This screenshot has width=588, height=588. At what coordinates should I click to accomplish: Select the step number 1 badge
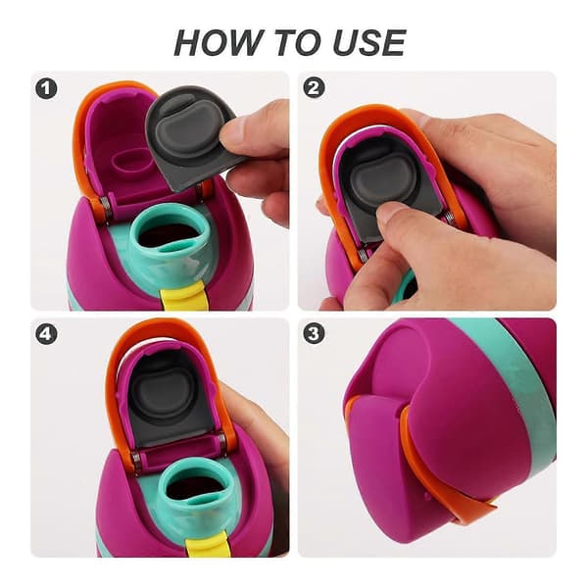coord(46,88)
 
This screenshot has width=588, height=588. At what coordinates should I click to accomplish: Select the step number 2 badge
coord(314,88)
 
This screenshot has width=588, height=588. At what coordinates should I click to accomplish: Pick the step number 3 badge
coord(314,333)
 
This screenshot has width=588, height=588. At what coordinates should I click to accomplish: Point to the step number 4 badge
coord(46,333)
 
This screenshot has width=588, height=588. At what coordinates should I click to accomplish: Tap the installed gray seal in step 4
coord(169,398)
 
